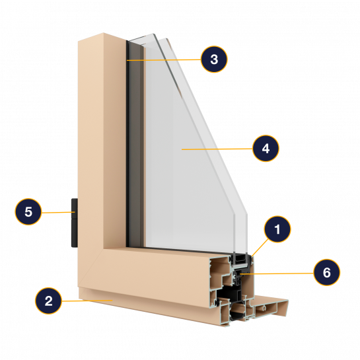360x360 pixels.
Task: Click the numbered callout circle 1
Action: coord(277,229)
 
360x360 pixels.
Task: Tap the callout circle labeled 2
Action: coord(48,301)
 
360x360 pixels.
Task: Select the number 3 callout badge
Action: coord(214,59)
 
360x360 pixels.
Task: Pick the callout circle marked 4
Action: coord(266,149)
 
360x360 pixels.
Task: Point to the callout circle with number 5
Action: coord(28,211)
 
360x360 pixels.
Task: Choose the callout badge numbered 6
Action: coord(327,272)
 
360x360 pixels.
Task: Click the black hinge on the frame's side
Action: coord(75,223)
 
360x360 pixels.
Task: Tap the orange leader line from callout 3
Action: coord(164,60)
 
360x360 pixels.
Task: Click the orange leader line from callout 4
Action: coord(217,149)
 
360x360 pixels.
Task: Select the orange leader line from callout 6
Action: coord(277,273)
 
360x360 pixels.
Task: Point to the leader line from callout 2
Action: coord(87,301)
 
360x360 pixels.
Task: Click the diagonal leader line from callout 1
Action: coord(260,248)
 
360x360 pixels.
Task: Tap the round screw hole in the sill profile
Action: coord(265,307)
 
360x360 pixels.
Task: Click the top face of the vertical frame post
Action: coord(102,37)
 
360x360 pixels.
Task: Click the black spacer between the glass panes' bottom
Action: coord(240,259)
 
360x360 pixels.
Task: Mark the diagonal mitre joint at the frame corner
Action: coord(90,268)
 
